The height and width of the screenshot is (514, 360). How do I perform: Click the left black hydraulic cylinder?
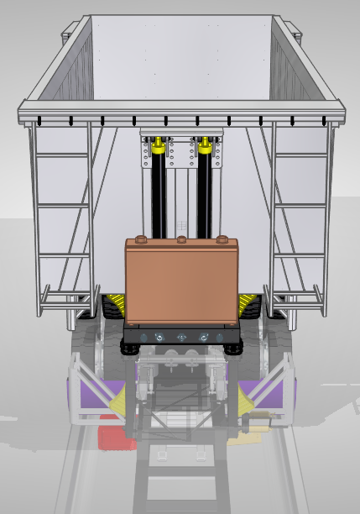(x=158, y=197)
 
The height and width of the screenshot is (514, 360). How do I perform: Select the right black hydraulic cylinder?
(x=205, y=197)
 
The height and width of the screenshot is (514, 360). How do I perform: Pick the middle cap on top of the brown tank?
(x=182, y=242)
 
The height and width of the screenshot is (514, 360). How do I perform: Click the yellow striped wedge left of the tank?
(x=115, y=303)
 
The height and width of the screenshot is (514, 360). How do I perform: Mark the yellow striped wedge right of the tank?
(x=248, y=303)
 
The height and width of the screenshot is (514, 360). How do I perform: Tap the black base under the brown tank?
(x=182, y=336)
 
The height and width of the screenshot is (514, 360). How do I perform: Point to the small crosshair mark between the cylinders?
(x=182, y=223)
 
